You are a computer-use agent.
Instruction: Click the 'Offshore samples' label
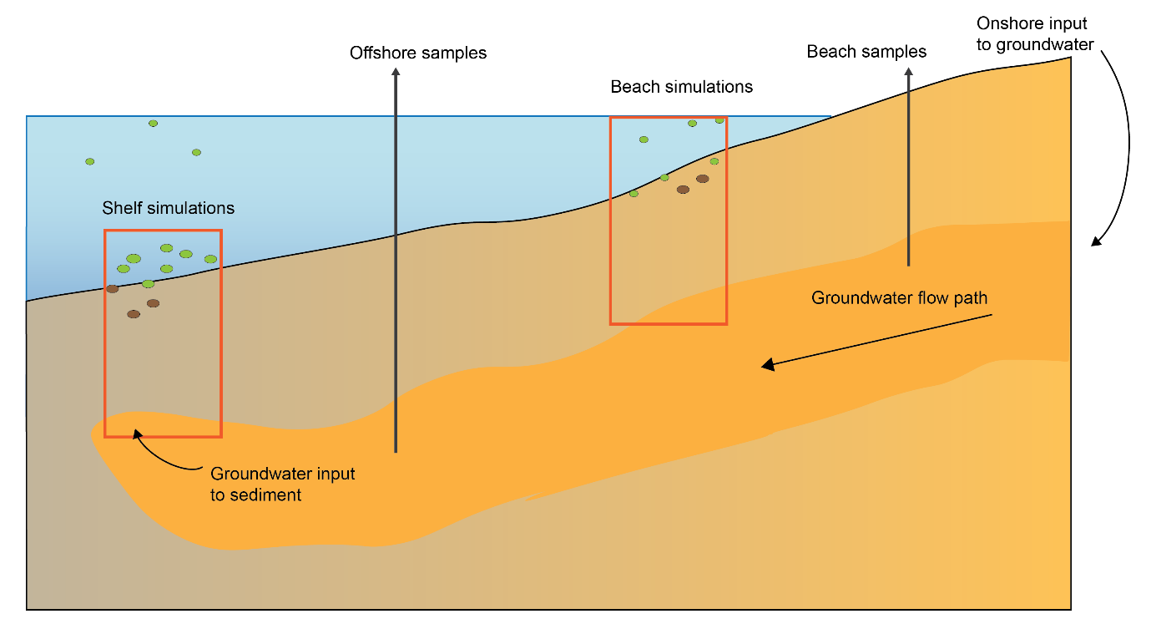pyautogui.click(x=418, y=53)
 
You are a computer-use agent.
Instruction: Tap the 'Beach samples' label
pyautogui.click(x=866, y=52)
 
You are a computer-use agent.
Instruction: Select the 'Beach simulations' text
pyautogui.click(x=681, y=87)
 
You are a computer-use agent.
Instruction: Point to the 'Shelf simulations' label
pyautogui.click(x=168, y=207)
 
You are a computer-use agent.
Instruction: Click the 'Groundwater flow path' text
pyautogui.click(x=900, y=297)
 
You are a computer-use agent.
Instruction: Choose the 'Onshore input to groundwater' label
pyautogui.click(x=1035, y=34)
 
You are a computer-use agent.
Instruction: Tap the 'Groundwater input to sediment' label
pyautogui.click(x=283, y=484)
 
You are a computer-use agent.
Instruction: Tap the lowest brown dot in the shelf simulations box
pyautogui.click(x=134, y=314)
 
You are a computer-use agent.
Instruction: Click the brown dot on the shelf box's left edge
pyautogui.click(x=112, y=289)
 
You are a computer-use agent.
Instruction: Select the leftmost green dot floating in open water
pyautogui.click(x=90, y=161)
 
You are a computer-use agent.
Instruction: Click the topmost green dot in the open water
pyautogui.click(x=153, y=124)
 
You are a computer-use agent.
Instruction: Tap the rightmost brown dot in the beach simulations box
pyautogui.click(x=703, y=179)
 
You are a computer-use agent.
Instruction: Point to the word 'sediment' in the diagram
pyautogui.click(x=256, y=495)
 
